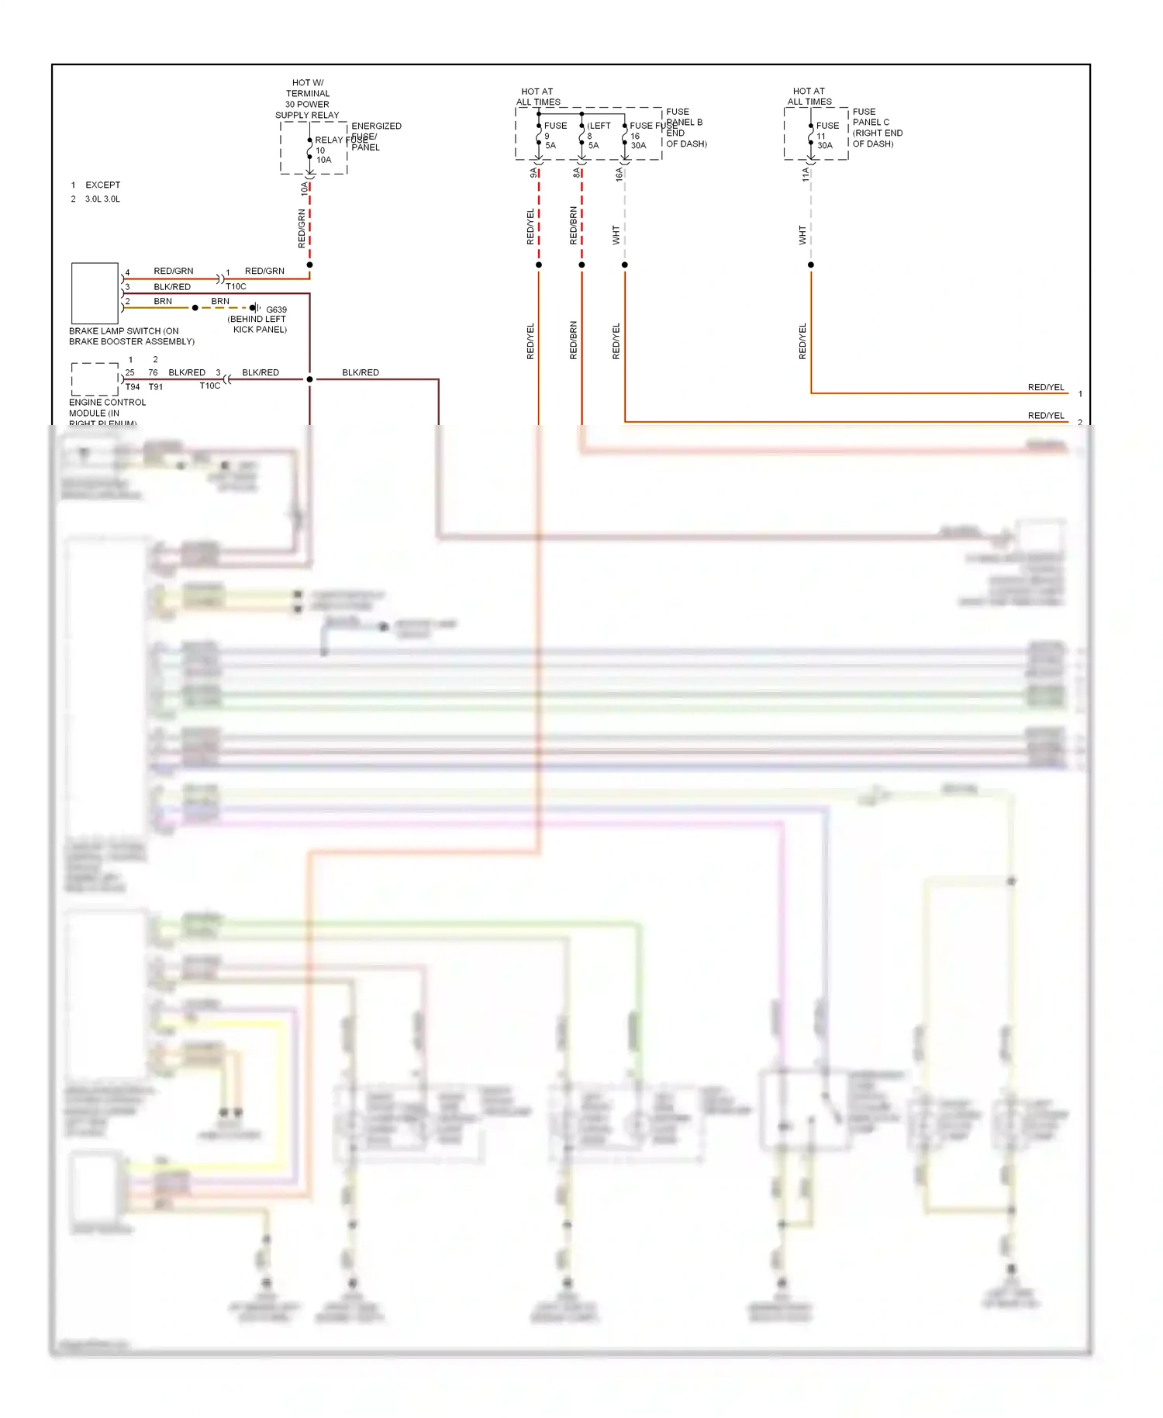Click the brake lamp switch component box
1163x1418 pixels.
pos(95,293)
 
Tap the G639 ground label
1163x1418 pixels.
pos(276,310)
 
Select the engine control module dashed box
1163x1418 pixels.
pos(95,379)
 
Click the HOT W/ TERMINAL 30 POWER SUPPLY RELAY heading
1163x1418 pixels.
pos(307,99)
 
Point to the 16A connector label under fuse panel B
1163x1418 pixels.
pos(619,175)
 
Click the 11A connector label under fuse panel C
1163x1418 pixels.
pos(806,175)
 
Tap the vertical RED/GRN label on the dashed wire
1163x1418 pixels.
pos(302,229)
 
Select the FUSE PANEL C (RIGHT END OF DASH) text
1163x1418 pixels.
pos(877,128)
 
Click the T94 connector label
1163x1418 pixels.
pos(133,387)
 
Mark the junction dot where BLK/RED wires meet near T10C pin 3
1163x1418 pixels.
pos(309,379)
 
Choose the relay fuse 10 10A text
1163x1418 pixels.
pos(323,150)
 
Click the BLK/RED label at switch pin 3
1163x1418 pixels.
pos(171,287)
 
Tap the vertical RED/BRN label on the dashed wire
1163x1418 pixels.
pos(573,226)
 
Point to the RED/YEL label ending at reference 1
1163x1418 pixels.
pos(1045,387)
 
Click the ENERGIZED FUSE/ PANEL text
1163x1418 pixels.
pos(375,137)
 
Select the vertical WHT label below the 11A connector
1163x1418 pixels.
pos(802,235)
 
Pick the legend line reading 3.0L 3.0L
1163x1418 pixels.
pos(102,199)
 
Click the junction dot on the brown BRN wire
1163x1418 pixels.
pos(195,308)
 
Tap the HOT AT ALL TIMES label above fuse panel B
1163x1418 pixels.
pos(537,97)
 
